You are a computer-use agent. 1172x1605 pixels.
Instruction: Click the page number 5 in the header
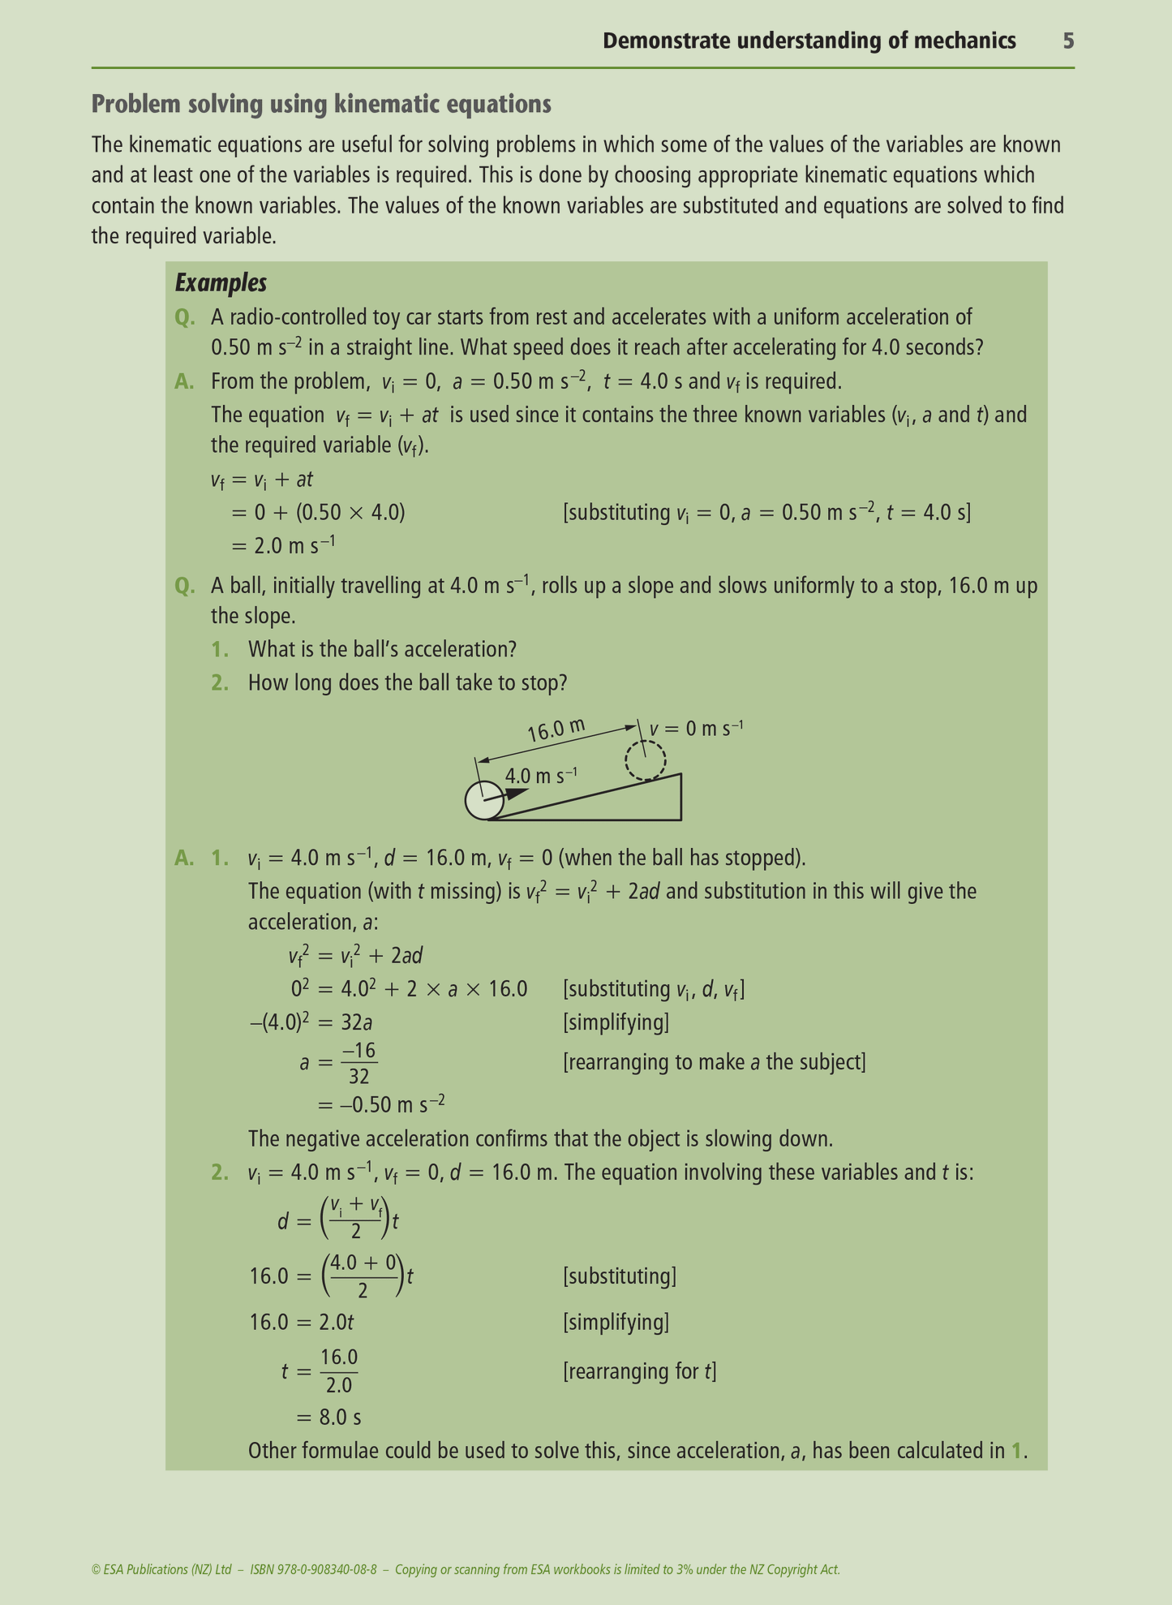click(1068, 41)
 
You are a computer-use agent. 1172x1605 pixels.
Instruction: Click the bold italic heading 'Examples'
click(221, 283)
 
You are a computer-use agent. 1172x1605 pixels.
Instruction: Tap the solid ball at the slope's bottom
click(484, 801)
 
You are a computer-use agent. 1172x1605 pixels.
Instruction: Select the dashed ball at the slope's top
click(645, 760)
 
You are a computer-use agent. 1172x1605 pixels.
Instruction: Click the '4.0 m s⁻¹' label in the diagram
click(541, 776)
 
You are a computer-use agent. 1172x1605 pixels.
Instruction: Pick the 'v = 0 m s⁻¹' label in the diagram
click(696, 728)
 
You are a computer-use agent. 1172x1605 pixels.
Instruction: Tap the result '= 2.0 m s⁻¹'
click(284, 545)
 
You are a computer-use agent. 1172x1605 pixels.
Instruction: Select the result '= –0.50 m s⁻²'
click(381, 1104)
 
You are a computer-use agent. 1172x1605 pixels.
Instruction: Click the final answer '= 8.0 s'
click(329, 1417)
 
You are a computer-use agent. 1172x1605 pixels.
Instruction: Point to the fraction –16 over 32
click(359, 1063)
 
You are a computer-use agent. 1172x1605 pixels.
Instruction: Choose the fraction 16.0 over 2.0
click(339, 1370)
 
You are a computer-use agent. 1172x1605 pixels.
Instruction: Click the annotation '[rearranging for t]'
click(639, 1371)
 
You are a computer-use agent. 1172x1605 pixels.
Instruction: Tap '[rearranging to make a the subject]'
click(714, 1062)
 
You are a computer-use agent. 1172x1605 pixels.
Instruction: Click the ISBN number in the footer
click(313, 1569)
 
